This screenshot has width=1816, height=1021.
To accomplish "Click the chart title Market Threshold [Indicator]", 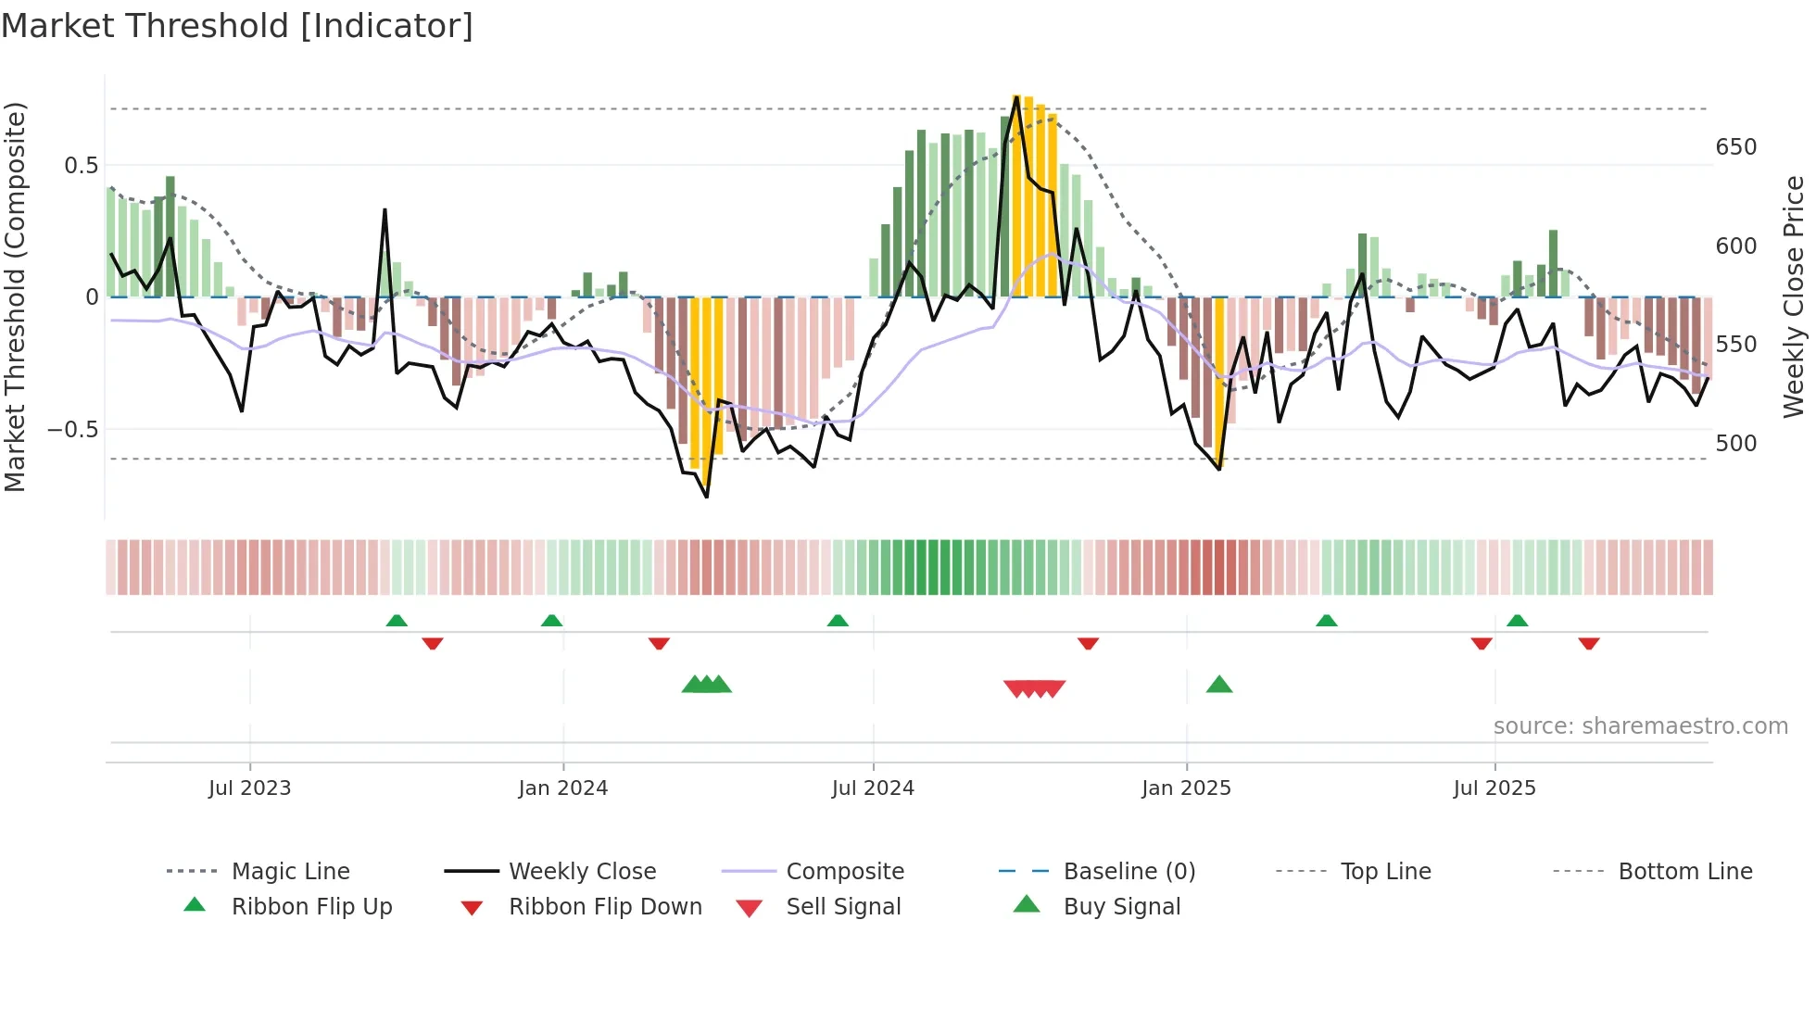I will (237, 26).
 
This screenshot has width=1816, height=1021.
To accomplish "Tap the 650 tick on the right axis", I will (1735, 147).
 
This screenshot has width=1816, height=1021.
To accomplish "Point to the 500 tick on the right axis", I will (1735, 444).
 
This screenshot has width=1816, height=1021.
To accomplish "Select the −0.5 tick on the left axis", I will (72, 430).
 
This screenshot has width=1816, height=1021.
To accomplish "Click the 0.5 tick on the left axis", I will (81, 166).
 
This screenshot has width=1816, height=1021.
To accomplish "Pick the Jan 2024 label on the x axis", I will (562, 788).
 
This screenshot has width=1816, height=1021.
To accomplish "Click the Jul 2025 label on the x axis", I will (1494, 788).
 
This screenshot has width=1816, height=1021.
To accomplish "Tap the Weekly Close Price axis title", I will (1794, 296).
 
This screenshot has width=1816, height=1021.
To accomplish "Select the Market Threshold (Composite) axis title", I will (15, 296).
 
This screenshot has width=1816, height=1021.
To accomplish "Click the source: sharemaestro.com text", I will (1640, 726).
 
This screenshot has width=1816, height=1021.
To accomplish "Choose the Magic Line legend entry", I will (290, 872).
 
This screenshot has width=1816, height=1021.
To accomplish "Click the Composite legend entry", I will (844, 872).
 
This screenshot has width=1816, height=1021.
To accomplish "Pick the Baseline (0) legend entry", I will (1129, 872).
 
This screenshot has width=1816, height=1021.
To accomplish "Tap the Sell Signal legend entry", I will (842, 907).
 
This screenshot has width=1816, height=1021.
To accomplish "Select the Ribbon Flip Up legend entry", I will (311, 907).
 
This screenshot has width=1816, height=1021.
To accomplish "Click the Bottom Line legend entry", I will (1684, 872).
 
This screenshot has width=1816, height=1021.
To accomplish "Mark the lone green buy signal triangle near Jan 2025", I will (1218, 686).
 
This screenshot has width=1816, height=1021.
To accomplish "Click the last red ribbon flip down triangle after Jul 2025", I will (1588, 643).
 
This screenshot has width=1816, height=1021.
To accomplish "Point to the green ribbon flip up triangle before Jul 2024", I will (837, 621).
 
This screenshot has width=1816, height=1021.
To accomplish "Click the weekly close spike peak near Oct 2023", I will (385, 211).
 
